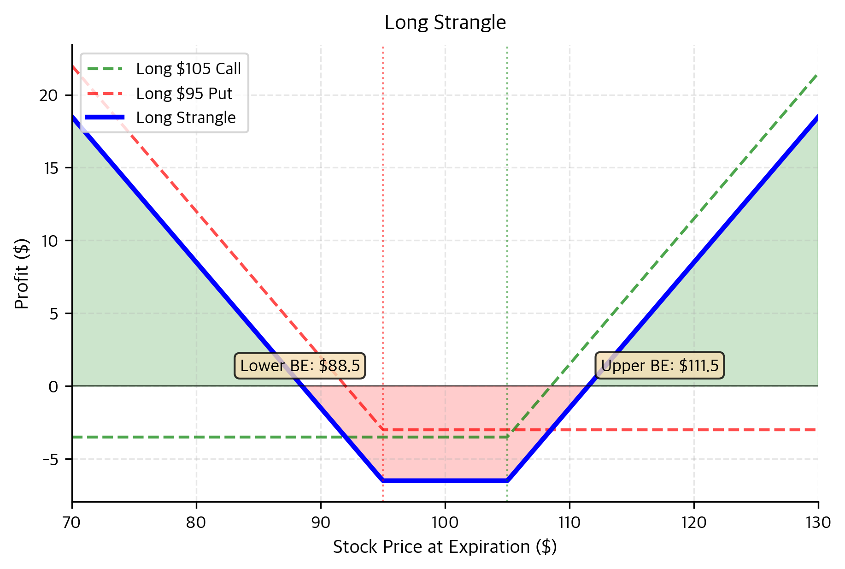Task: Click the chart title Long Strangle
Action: coord(445,23)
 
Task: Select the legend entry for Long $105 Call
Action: coord(188,69)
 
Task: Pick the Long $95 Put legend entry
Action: coord(184,94)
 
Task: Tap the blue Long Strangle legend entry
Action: coord(186,118)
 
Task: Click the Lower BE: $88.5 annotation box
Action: coord(300,366)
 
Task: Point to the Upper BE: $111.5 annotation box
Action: coord(659,366)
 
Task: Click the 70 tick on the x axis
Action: coord(72,523)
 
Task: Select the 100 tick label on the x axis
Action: coord(445,523)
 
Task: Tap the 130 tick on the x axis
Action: coord(818,523)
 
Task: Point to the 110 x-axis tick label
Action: coord(569,523)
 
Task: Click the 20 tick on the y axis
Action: coord(48,95)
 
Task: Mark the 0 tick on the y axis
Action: coord(53,386)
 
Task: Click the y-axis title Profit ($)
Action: coord(22,273)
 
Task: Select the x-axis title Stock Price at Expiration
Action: coord(445,547)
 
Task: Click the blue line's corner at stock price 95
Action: coord(383,480)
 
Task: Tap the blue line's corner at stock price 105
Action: coord(507,480)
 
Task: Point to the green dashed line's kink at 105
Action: coord(507,437)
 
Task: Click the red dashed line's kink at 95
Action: coord(383,430)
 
